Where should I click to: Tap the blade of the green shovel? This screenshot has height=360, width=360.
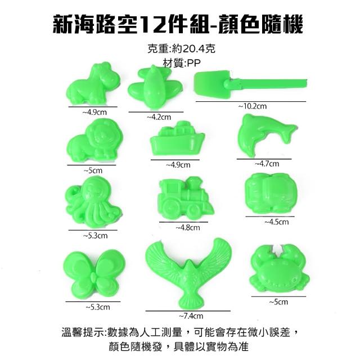click(211, 84)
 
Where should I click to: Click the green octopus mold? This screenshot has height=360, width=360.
click(94, 201)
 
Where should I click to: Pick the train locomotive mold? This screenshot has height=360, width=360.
click(186, 198)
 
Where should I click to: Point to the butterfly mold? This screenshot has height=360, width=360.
click(94, 274)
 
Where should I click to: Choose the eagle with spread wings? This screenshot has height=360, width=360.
click(188, 273)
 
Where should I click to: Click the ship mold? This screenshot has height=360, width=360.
click(177, 139)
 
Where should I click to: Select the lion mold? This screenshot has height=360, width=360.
click(94, 140)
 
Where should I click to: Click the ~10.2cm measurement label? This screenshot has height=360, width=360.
click(253, 106)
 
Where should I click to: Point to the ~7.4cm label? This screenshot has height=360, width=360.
click(191, 316)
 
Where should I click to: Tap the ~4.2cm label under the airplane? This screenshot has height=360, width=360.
click(159, 117)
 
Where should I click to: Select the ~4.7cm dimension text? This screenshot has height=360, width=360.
click(267, 164)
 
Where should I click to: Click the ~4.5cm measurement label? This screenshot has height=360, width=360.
click(276, 222)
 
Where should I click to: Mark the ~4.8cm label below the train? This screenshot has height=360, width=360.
click(188, 227)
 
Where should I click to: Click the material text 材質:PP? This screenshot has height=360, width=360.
click(182, 62)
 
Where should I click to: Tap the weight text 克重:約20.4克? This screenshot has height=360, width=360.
click(181, 48)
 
